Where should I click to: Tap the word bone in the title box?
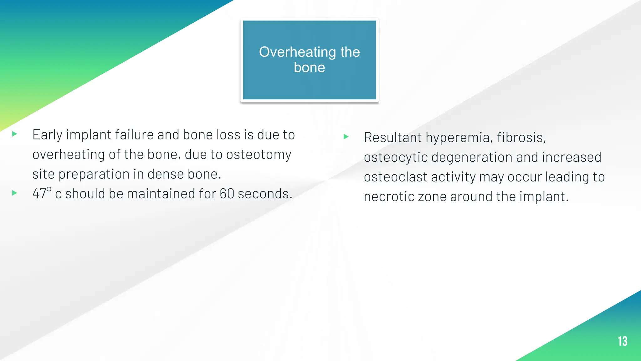tap(309, 68)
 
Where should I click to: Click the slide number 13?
tap(622, 341)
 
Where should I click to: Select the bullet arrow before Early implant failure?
tap(14, 134)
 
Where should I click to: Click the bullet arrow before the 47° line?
tap(14, 193)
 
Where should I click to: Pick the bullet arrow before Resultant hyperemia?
tap(346, 137)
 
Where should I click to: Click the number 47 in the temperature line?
tap(39, 194)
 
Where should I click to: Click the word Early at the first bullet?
tap(47, 135)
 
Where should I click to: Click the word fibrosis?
tap(521, 138)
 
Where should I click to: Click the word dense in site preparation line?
tap(166, 174)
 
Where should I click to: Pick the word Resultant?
tap(392, 138)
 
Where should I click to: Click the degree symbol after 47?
tap(49, 189)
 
